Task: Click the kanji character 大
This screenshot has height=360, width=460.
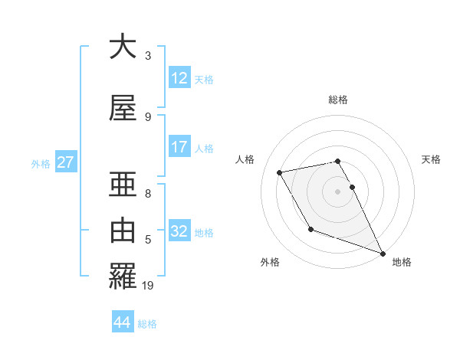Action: tap(122, 47)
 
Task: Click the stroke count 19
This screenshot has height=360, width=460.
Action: tap(149, 286)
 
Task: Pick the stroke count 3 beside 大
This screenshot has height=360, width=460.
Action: tap(148, 56)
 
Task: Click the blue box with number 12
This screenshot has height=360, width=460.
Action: tap(179, 78)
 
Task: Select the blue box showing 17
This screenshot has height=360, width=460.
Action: tap(179, 147)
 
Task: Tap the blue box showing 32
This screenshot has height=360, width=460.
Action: tap(179, 231)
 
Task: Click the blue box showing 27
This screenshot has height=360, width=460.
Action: tap(66, 162)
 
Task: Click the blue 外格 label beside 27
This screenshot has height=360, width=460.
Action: tap(41, 163)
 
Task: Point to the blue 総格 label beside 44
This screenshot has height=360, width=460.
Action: tap(147, 324)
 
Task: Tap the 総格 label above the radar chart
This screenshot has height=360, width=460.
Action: tap(338, 100)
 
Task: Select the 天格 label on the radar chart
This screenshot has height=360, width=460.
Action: tap(432, 159)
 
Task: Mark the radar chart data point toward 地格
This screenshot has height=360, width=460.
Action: tap(383, 254)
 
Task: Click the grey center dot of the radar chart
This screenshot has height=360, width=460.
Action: tap(338, 191)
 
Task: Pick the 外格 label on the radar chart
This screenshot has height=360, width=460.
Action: tap(270, 262)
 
